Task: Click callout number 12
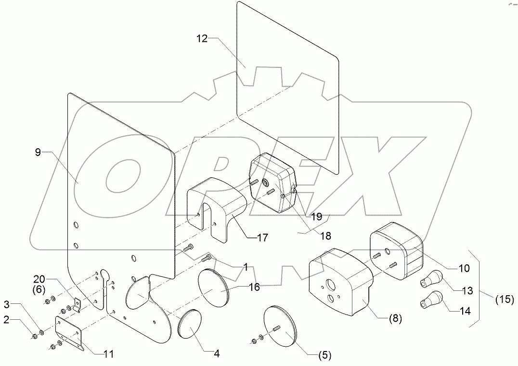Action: [x=202, y=39]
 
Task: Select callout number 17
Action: [x=262, y=237]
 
